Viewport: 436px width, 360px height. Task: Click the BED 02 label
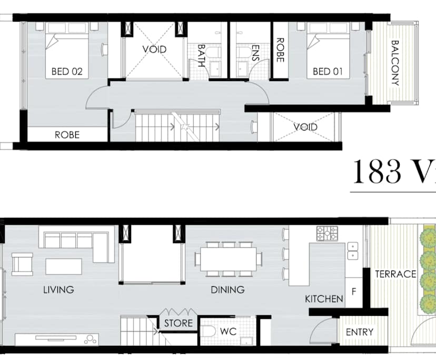67,72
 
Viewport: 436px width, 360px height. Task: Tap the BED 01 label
329,72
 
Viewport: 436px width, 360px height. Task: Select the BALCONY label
395,63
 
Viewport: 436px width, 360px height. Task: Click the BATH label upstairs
202,53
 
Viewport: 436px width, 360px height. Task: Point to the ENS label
256,53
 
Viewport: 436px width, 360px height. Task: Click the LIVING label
58,289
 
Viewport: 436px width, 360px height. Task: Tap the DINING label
227,289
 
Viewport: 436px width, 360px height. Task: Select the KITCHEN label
324,299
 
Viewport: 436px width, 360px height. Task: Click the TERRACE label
395,274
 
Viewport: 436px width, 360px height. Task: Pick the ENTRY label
360,332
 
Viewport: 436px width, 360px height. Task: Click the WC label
228,332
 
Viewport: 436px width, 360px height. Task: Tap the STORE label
178,323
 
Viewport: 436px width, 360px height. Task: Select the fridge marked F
353,291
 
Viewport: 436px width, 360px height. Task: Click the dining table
229,258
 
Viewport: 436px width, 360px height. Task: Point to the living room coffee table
63,266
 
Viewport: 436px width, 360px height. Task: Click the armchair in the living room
22,264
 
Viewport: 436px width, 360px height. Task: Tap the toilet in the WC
209,332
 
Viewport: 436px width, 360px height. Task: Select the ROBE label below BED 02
67,135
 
